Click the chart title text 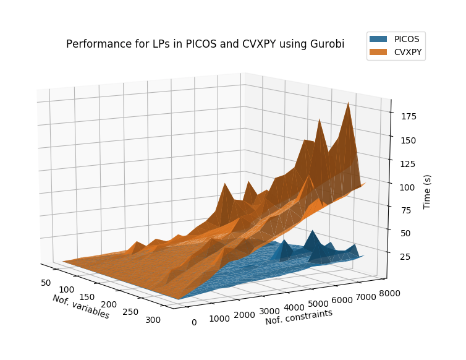pyautogui.click(x=205, y=44)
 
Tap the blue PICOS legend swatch pyautogui.click(x=378, y=38)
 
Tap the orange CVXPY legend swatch pyautogui.click(x=378, y=52)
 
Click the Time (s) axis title pyautogui.click(x=428, y=191)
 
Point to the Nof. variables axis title pyautogui.click(x=80, y=307)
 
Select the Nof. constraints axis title pyautogui.click(x=299, y=317)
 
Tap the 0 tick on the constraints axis pyautogui.click(x=194, y=322)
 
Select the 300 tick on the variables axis pyautogui.click(x=153, y=320)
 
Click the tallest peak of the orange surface pyautogui.click(x=349, y=103)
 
